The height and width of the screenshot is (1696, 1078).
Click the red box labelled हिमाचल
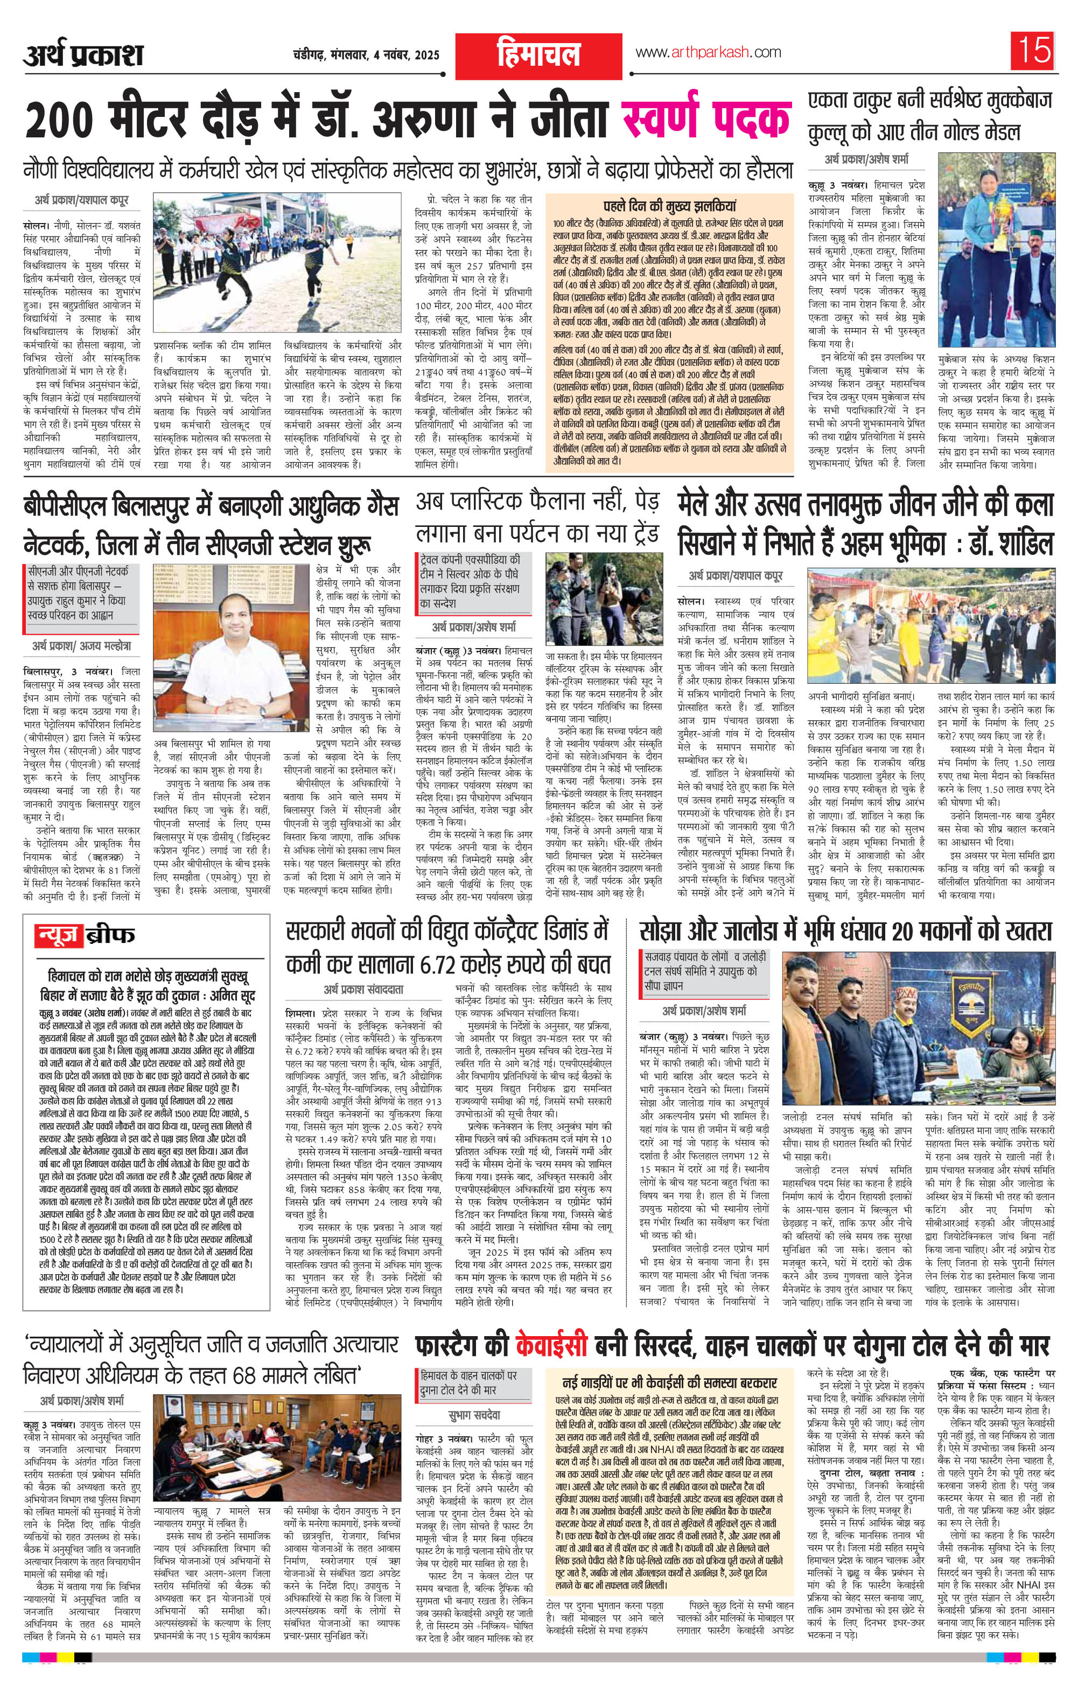pyautogui.click(x=538, y=53)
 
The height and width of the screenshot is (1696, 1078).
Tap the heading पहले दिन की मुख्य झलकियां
pyautogui.click(x=670, y=206)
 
